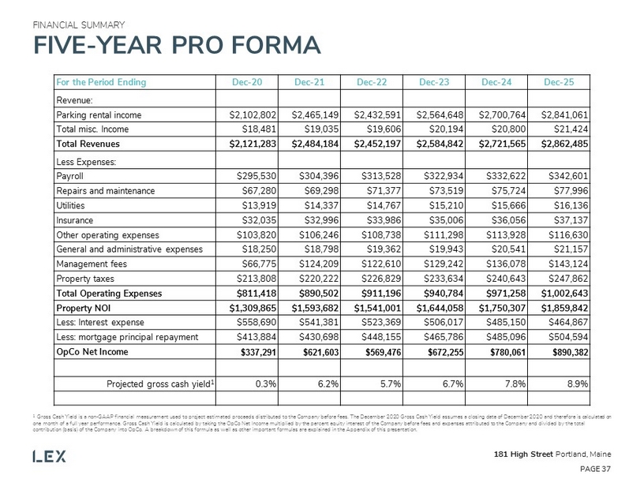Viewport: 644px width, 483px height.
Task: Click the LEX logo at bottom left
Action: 49,456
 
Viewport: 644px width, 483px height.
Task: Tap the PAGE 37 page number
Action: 593,468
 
